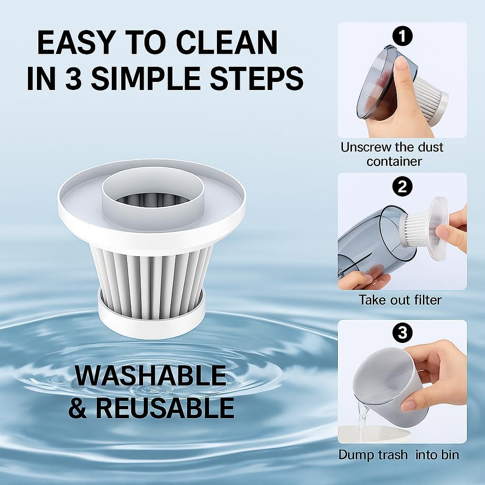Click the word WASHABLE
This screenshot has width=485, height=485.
point(151,376)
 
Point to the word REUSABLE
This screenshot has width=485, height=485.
point(172,407)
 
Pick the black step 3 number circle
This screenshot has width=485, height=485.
point(403,333)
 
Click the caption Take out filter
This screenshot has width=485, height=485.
point(400,300)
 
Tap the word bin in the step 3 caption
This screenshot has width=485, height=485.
point(449,455)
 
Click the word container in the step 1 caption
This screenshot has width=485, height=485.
point(394,161)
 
